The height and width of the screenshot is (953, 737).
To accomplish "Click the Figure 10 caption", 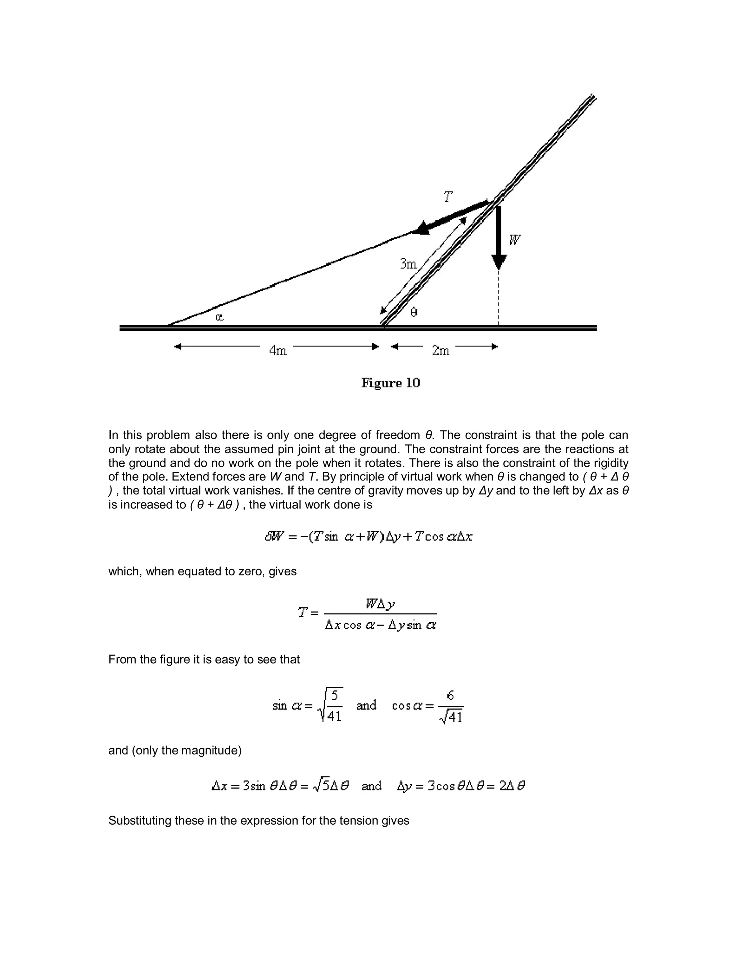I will pyautogui.click(x=390, y=383).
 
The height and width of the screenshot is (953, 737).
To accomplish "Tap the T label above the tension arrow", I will pyautogui.click(x=448, y=197).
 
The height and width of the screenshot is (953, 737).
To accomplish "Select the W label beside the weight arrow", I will pyautogui.click(x=515, y=240).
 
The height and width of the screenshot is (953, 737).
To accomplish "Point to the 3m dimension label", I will pyautogui.click(x=408, y=264).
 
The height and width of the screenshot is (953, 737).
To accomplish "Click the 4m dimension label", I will pyautogui.click(x=278, y=350).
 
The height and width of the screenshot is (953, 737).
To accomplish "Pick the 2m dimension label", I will pyautogui.click(x=440, y=350).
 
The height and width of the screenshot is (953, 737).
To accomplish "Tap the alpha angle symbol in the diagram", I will pyautogui.click(x=220, y=317).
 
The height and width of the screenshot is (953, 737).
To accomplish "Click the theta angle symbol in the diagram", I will pyautogui.click(x=414, y=313).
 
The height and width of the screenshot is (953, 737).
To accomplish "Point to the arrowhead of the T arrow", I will pyautogui.click(x=422, y=228).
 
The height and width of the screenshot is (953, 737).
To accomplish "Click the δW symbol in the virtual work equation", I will pyautogui.click(x=274, y=536).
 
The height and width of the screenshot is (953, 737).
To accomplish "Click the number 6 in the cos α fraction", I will pyautogui.click(x=450, y=696).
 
